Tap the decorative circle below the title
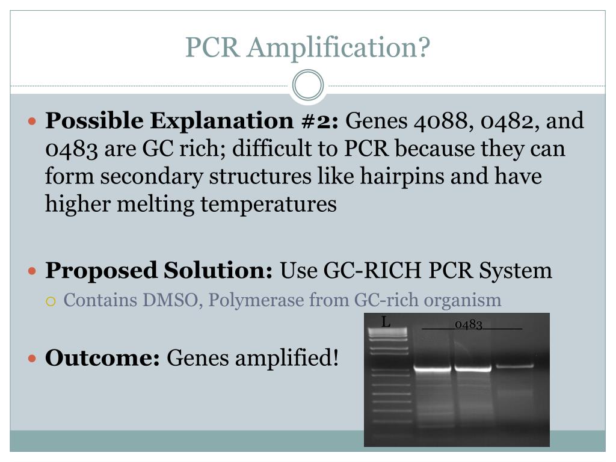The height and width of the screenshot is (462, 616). pyautogui.click(x=308, y=85)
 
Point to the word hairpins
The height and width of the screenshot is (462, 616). pyautogui.click(x=443, y=177)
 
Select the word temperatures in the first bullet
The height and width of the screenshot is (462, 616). pyautogui.click(x=268, y=205)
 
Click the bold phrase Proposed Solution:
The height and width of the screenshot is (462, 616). pyautogui.click(x=159, y=270)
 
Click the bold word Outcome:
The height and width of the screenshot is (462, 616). pyautogui.click(x=102, y=358)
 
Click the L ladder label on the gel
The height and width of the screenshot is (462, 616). pyautogui.click(x=386, y=322)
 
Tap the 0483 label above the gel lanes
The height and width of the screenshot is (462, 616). pyautogui.click(x=469, y=325)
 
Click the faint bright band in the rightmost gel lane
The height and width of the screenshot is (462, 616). pyautogui.click(x=514, y=366)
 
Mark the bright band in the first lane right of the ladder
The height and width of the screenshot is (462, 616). pyautogui.click(x=432, y=369)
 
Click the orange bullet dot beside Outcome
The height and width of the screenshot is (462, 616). pyautogui.click(x=33, y=359)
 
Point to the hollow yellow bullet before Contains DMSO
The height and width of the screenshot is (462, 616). pyautogui.click(x=51, y=300)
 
